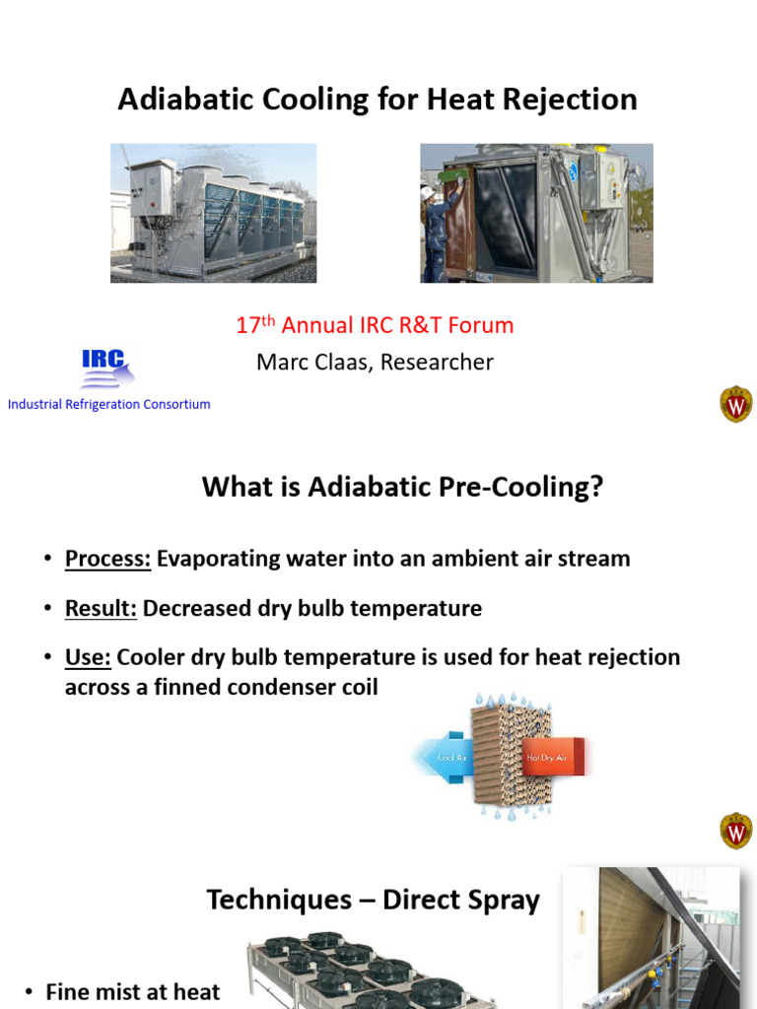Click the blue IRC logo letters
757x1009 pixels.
coord(103,361)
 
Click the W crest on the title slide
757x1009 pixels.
coord(735,404)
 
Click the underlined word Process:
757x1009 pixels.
coord(107,559)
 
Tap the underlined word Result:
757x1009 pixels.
coord(101,608)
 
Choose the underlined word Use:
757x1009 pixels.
coord(88,657)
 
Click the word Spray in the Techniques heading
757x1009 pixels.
coord(501,900)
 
